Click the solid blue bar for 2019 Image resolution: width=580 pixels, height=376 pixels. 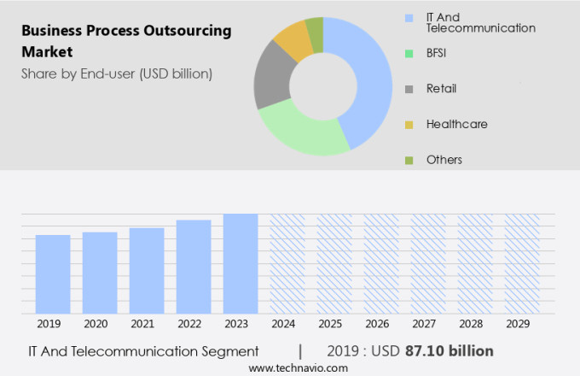53,274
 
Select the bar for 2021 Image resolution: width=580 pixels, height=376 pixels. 147,271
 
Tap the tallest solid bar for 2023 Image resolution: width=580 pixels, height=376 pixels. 241,264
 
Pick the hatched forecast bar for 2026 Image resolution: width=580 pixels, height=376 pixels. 381,264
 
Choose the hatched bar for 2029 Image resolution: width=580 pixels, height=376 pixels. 521,264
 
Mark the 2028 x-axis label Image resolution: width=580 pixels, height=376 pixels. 474,325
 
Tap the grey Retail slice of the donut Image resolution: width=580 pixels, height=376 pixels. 271,83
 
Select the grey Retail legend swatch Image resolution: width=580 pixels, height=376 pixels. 409,88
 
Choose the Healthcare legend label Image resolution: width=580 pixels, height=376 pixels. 456,124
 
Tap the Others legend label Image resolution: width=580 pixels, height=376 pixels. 444,160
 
